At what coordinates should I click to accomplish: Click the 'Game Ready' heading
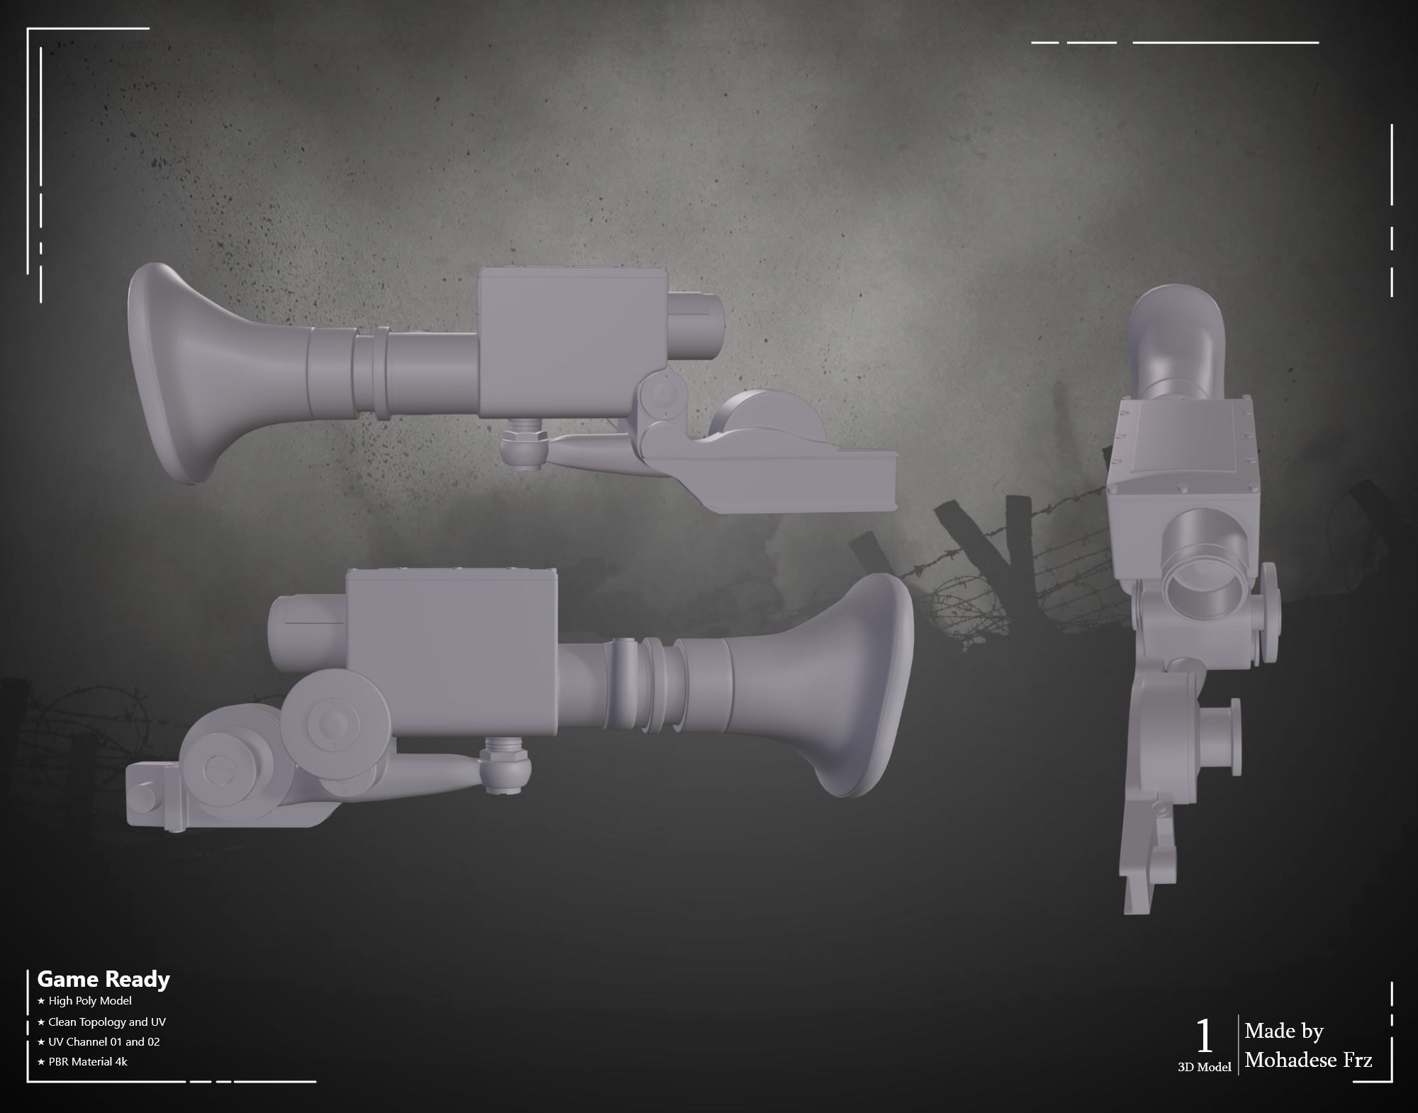coord(104,979)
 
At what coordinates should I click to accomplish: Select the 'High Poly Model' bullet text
coord(90,1001)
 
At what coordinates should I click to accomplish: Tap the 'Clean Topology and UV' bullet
coord(106,1022)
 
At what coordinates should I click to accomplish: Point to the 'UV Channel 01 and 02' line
coord(104,1041)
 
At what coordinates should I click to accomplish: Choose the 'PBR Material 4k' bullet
coord(88,1061)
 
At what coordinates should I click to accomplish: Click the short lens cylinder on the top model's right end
coord(695,323)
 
